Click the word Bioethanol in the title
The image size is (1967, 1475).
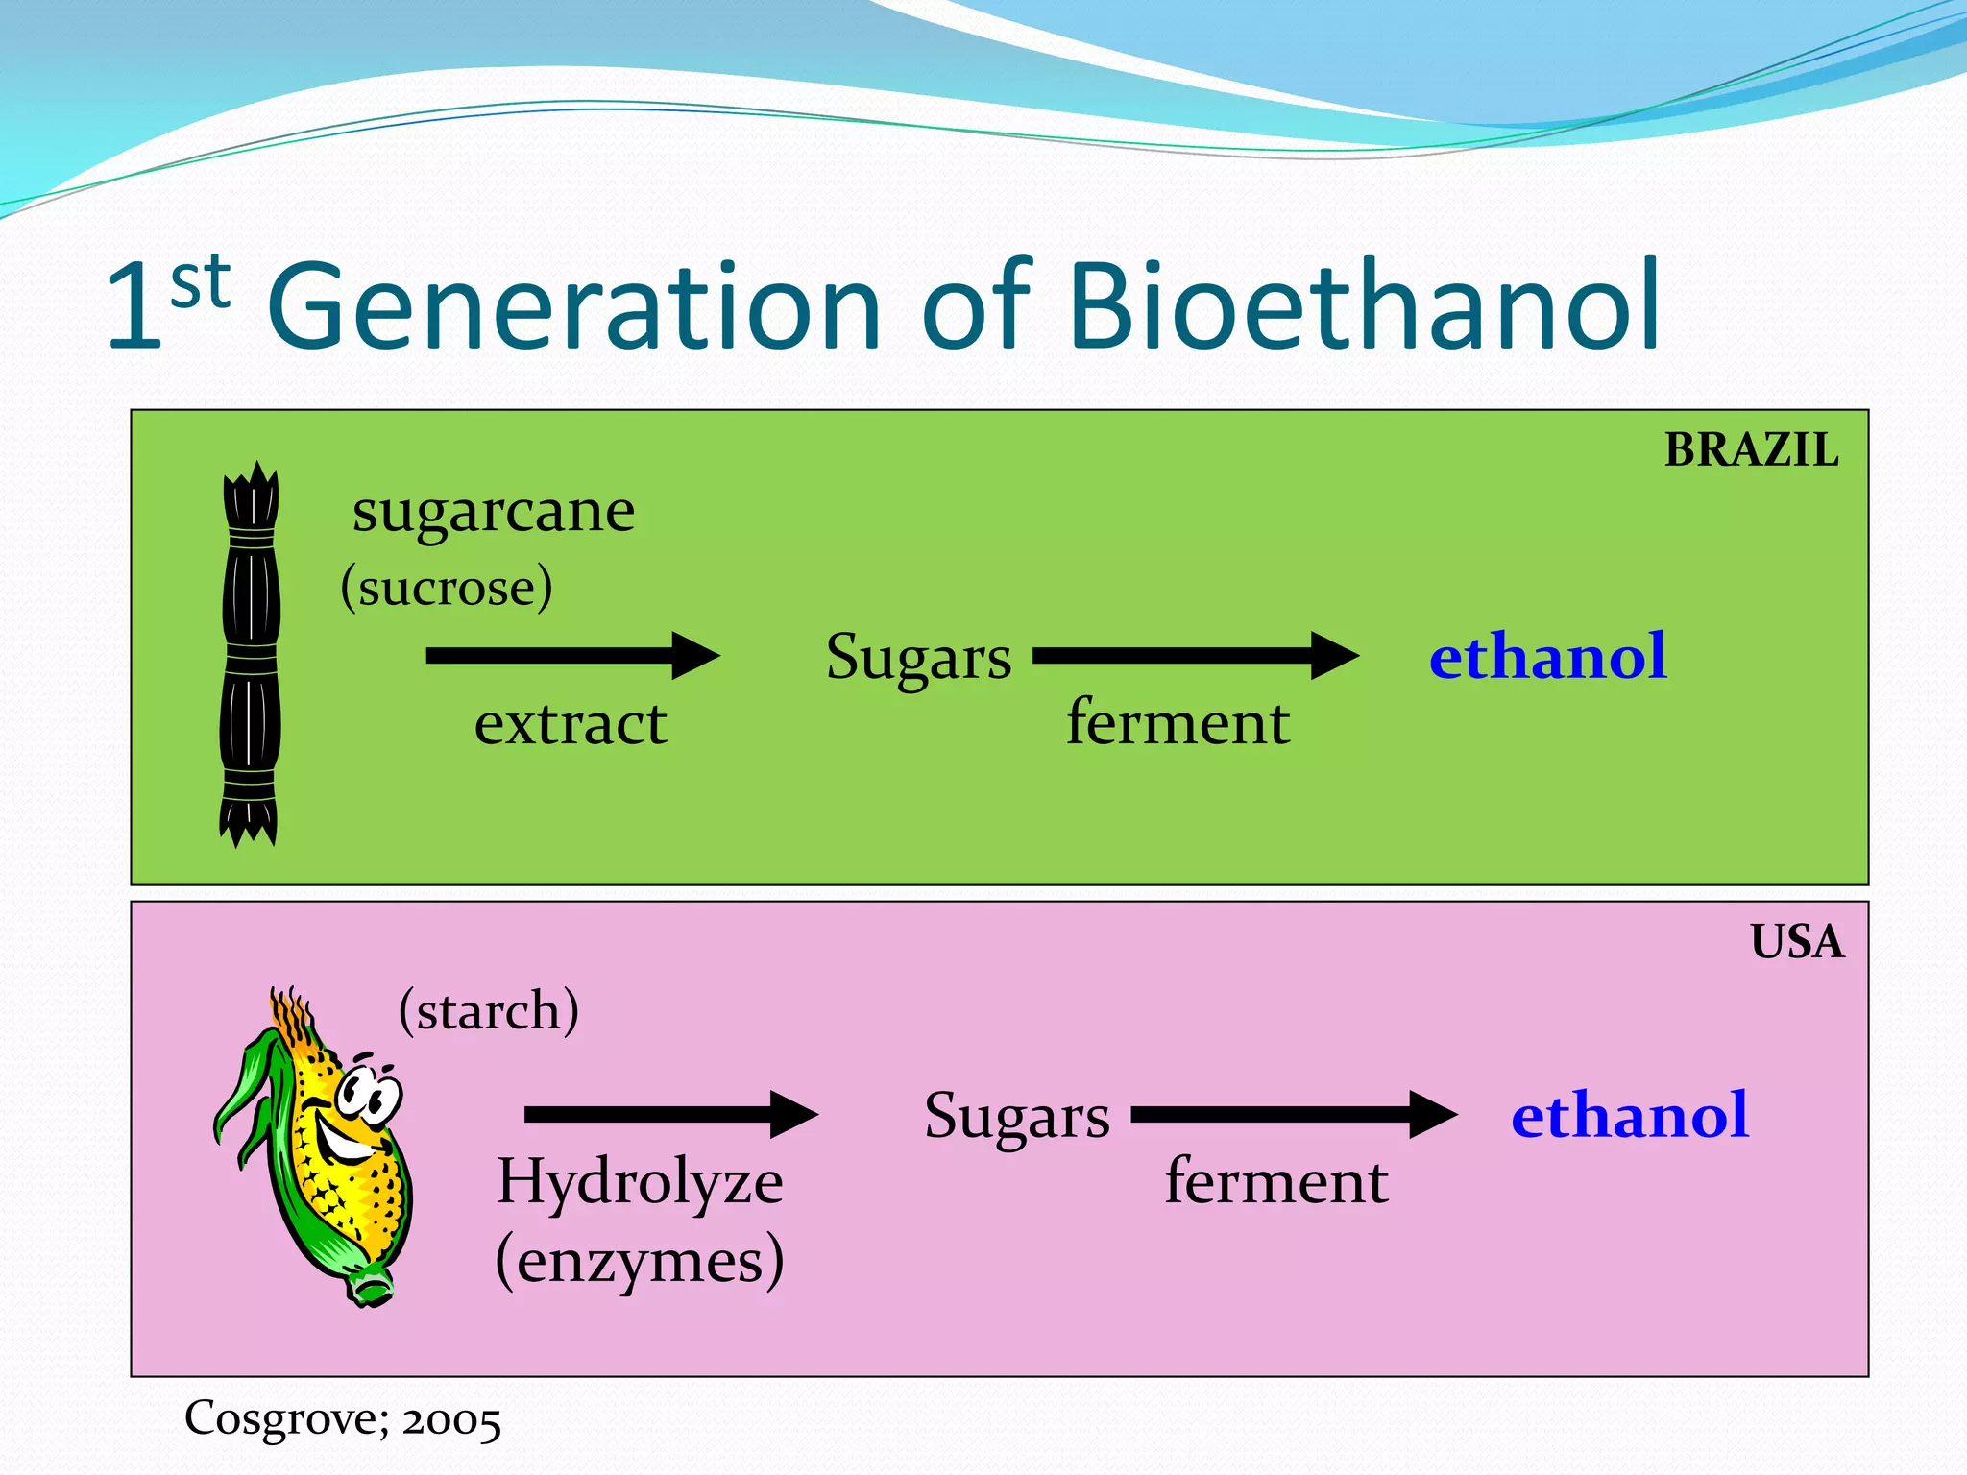(x=1364, y=305)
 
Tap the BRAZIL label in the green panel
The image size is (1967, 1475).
(x=1750, y=450)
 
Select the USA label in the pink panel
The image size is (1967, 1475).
(x=1796, y=942)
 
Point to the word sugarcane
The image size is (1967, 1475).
(x=493, y=511)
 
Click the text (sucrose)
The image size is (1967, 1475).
(x=447, y=587)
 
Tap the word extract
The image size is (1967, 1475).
(x=570, y=723)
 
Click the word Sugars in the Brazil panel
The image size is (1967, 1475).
(x=918, y=659)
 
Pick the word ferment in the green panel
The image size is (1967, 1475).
(x=1178, y=722)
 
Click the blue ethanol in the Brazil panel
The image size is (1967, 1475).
(x=1546, y=657)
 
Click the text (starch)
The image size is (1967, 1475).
(x=489, y=1010)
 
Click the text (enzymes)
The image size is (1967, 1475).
(x=640, y=1261)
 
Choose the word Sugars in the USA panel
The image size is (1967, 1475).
(x=1016, y=1117)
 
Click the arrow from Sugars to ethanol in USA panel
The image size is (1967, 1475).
(x=1293, y=1115)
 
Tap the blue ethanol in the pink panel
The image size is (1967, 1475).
(x=1629, y=1116)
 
